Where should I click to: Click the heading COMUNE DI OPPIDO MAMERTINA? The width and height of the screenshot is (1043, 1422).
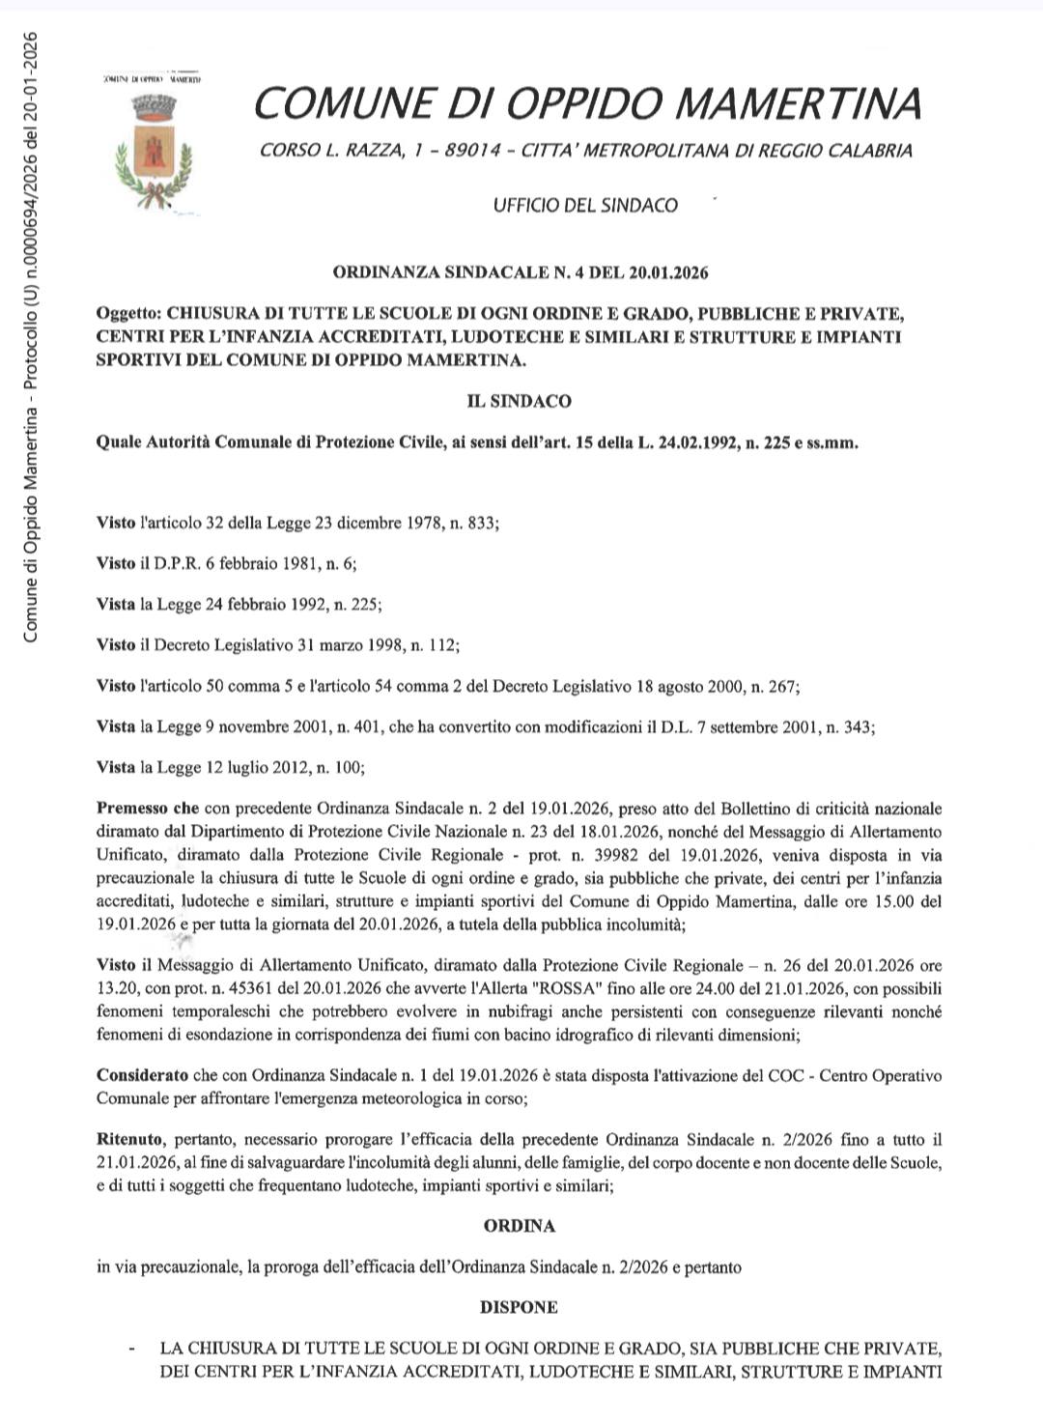(x=587, y=102)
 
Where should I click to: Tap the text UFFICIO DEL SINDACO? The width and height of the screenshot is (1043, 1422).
(x=585, y=205)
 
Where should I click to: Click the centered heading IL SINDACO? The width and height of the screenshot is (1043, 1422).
(x=519, y=401)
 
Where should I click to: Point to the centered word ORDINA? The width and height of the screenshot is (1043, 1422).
(x=519, y=1226)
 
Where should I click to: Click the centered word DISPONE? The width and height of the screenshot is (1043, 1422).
(x=519, y=1307)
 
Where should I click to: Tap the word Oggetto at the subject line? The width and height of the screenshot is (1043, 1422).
(x=128, y=314)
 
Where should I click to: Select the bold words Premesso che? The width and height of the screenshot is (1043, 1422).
(x=147, y=809)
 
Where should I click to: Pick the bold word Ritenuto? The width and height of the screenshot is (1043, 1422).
(x=130, y=1140)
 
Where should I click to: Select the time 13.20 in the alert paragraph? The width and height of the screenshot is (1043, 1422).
(x=116, y=989)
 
